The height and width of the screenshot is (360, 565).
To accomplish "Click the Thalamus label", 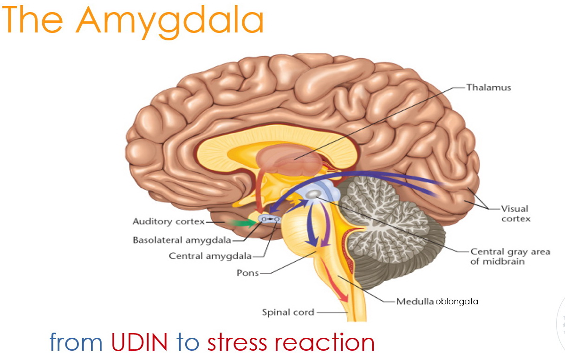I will click(488, 87).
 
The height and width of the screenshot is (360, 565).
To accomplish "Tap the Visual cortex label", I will click(515, 213).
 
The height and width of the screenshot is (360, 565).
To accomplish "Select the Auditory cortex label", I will click(168, 222).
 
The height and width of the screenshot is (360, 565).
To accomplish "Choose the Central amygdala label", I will click(210, 256).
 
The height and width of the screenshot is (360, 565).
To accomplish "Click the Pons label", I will click(247, 273).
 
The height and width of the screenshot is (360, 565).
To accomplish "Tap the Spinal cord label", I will click(288, 312).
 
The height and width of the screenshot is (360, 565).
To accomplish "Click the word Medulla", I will click(415, 302).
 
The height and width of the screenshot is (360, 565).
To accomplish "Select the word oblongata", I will click(456, 302).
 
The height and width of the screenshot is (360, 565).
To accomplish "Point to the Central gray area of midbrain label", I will click(510, 256).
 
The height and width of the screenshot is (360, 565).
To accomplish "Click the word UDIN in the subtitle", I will click(139, 342).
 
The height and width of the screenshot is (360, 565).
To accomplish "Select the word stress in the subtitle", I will click(237, 342).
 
